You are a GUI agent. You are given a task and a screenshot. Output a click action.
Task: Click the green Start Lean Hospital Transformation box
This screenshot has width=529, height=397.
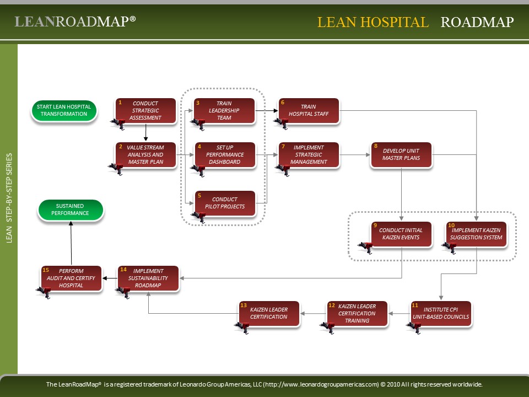64,110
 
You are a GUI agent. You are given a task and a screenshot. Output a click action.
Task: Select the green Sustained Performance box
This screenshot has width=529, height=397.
71,210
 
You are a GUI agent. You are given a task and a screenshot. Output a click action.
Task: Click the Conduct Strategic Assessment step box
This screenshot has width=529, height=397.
145,110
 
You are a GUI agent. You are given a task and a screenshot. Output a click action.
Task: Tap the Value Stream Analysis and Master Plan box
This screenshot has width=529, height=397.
145,155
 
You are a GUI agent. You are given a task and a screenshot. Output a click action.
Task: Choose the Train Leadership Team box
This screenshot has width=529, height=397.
224,110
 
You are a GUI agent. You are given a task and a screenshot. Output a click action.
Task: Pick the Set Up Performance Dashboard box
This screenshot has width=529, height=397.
224,155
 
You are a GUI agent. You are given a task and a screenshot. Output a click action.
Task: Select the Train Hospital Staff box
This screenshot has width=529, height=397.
308,110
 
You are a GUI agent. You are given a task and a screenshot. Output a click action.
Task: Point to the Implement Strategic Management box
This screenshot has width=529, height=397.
308,155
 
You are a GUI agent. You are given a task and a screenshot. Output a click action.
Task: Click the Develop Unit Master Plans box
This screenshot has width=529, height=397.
401,155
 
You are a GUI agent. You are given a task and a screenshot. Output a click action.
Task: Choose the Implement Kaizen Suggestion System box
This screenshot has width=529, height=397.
477,234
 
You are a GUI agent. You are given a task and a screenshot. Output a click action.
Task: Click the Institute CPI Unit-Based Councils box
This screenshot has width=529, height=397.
441,313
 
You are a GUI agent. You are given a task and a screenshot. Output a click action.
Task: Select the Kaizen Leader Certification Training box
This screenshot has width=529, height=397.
357,313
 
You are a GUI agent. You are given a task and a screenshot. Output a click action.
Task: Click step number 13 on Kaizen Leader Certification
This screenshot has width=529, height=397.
244,305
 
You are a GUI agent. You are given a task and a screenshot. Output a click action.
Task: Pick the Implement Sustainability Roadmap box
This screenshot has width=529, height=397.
148,278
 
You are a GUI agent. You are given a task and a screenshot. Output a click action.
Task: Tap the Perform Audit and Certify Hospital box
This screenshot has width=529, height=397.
71,278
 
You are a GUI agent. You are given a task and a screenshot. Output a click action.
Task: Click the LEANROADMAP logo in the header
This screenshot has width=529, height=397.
75,22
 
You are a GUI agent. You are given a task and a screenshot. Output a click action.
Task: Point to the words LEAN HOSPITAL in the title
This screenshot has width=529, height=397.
373,22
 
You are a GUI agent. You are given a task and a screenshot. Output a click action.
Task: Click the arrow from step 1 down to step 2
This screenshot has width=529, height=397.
145,132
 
